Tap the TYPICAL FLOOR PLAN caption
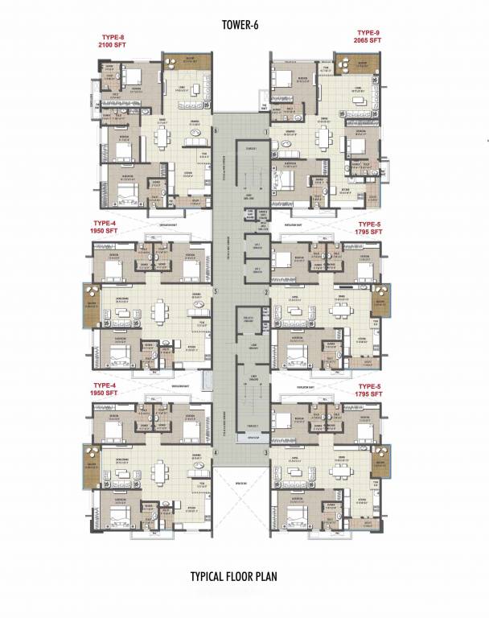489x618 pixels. click(244, 577)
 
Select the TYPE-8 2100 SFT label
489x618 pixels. click(113, 41)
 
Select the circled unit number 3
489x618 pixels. click(265, 454)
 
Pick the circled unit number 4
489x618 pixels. click(215, 454)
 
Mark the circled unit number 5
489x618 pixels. click(215, 292)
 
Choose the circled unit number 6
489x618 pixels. click(215, 131)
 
